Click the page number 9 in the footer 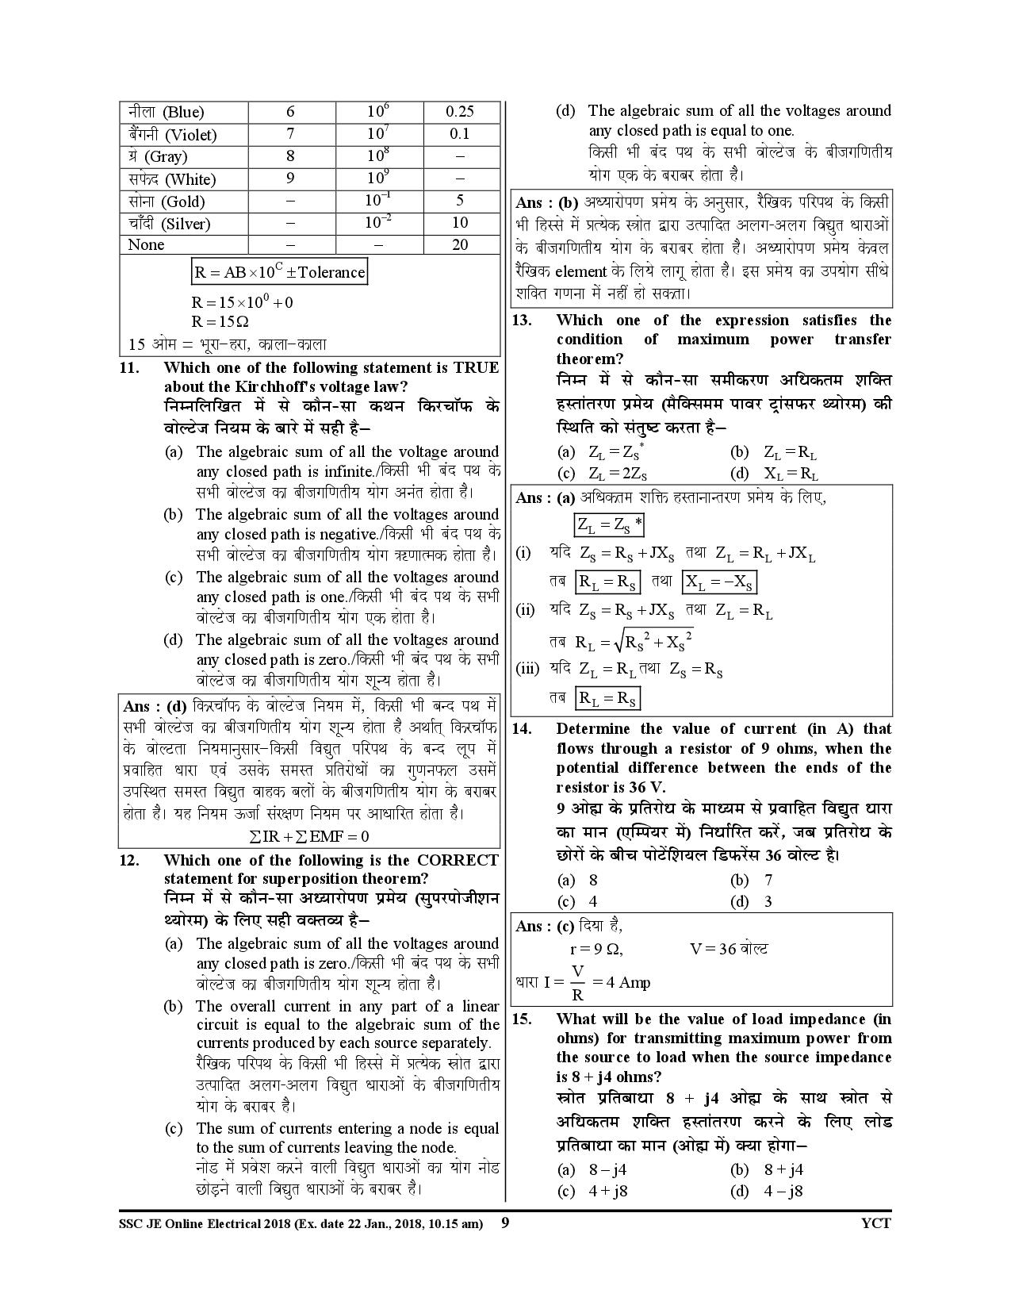point(505,1223)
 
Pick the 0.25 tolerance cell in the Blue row point(460,112)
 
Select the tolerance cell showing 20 point(460,244)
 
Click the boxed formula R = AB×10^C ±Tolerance point(280,272)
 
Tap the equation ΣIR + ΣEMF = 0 point(309,836)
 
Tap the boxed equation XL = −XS point(718,583)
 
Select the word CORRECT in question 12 point(458,860)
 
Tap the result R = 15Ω point(220,322)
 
